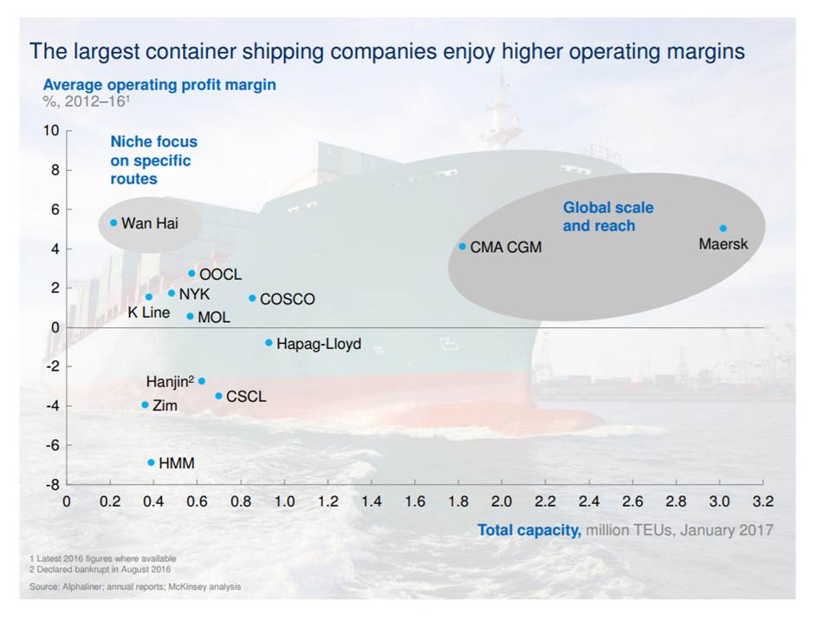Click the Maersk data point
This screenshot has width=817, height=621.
click(x=723, y=229)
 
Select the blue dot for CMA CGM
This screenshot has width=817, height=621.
click(x=463, y=247)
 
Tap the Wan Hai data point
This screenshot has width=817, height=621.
click(x=113, y=223)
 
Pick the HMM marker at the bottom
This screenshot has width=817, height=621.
click(x=151, y=463)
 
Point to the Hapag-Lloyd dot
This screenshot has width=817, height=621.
click(x=269, y=343)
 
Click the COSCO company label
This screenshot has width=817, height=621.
click(x=287, y=300)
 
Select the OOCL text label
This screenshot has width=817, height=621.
click(x=220, y=275)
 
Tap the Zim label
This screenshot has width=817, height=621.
click(x=165, y=405)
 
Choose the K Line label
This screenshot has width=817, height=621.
click(x=149, y=313)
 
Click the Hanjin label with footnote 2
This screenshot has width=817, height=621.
click(x=170, y=381)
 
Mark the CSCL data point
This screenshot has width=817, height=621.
click(x=218, y=396)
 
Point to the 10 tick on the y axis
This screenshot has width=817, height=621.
click(x=51, y=131)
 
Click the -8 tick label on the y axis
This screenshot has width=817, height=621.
click(x=52, y=485)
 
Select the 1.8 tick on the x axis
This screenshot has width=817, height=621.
click(x=458, y=501)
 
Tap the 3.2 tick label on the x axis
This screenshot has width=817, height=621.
click(x=762, y=501)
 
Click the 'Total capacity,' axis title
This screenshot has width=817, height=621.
click(x=529, y=530)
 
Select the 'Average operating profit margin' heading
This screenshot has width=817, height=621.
click(x=159, y=85)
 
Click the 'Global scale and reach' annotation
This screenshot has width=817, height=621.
click(x=608, y=217)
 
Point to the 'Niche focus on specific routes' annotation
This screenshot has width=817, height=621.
click(x=153, y=160)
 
